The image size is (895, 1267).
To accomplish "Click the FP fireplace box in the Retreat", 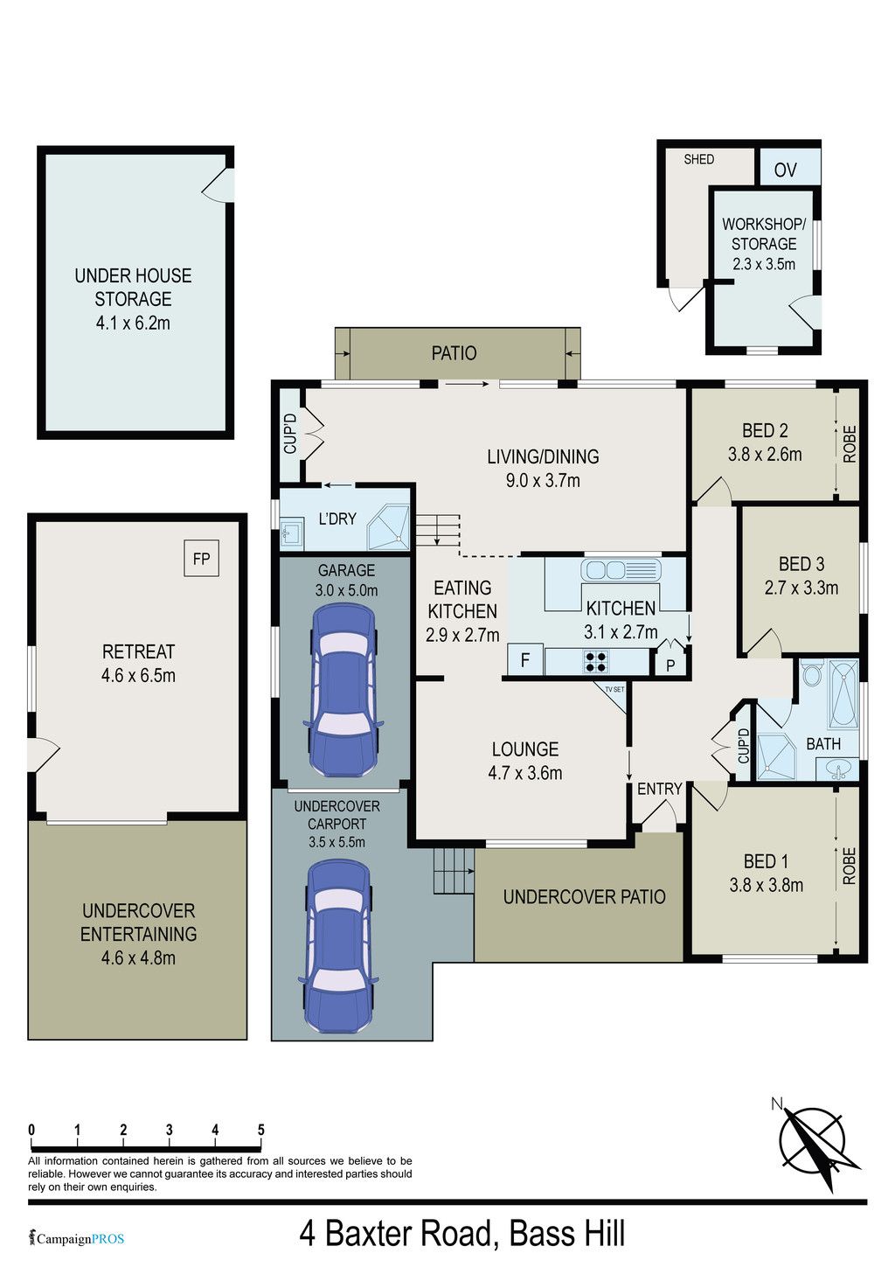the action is (x=201, y=558).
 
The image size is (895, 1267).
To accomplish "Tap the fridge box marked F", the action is (x=525, y=659).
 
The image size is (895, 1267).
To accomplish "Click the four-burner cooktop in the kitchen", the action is (x=596, y=661).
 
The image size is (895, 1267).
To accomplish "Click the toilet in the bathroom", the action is (x=811, y=672).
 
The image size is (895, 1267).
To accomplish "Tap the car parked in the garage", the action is (x=343, y=691).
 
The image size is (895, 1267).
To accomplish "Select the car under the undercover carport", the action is (x=337, y=946).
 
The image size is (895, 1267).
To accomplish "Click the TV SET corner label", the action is (x=614, y=690).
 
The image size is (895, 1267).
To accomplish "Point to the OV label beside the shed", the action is (x=785, y=170).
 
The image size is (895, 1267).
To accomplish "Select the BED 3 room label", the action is (x=801, y=564).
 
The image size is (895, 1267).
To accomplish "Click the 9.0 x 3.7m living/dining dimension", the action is (x=543, y=481).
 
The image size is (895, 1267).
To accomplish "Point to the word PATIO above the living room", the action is (x=454, y=353).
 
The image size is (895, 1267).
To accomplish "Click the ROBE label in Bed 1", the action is (x=850, y=866).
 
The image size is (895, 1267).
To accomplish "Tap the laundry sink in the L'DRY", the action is (x=292, y=533).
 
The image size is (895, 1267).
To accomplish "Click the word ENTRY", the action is (x=659, y=789).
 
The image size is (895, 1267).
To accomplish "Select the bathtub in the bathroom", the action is (x=843, y=694).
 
